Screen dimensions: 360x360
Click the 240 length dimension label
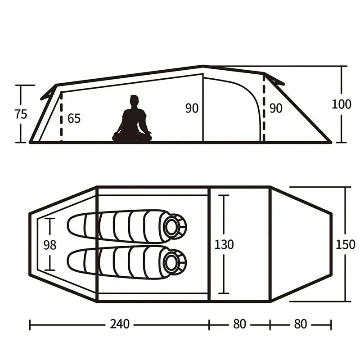[x=120, y=324]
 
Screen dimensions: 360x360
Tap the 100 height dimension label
[x=342, y=104]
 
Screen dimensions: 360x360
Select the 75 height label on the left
[x=21, y=114]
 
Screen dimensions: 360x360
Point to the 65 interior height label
[x=74, y=118]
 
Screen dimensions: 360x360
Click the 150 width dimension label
[x=345, y=244]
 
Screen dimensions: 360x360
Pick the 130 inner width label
[x=224, y=244]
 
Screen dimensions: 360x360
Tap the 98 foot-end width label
[x=50, y=245]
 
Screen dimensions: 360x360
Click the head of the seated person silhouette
[x=134, y=101]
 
